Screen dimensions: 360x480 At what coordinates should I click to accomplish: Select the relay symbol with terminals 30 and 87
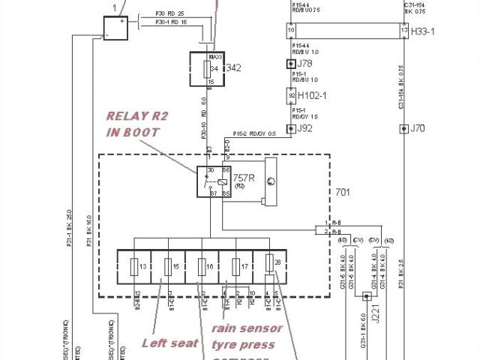click(x=212, y=182)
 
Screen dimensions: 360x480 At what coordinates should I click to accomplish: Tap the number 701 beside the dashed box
click(x=342, y=191)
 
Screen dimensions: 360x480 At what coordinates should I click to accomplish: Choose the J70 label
click(x=418, y=128)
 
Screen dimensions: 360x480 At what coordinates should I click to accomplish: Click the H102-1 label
click(x=312, y=96)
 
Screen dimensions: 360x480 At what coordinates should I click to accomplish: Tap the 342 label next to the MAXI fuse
click(x=233, y=68)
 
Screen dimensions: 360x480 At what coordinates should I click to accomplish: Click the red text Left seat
click(x=170, y=343)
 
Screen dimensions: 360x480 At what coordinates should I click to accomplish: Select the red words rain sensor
click(x=247, y=328)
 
